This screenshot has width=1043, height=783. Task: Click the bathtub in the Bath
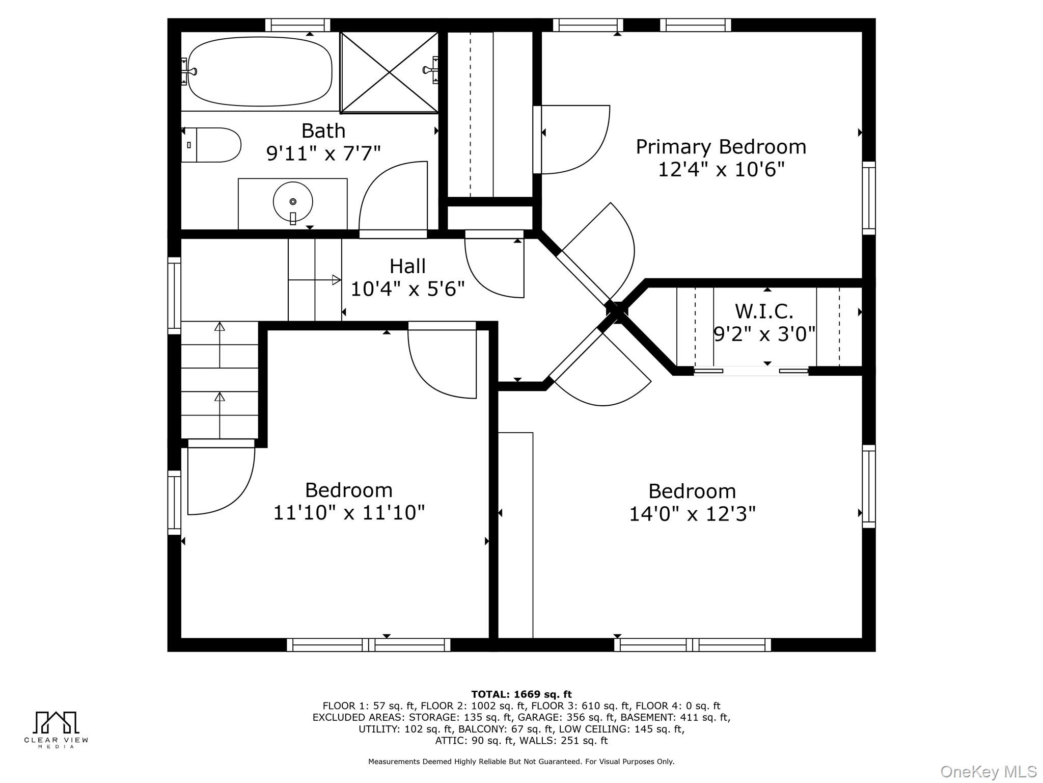pos(260,71)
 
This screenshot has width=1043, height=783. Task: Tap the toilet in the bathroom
pos(211,145)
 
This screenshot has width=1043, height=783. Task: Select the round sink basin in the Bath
pos(293,202)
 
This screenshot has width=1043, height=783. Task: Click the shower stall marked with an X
pos(389,72)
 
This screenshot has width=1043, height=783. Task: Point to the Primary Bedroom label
pos(721,147)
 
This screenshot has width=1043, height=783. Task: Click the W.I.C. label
pos(764,311)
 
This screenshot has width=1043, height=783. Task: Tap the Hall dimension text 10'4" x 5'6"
pos(408,289)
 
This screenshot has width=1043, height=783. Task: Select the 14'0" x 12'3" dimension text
pos(693,514)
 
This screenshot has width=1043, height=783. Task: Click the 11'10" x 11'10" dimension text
pos(349,512)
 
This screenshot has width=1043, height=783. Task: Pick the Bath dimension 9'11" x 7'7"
pos(323,153)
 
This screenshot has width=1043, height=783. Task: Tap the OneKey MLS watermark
pos(989,772)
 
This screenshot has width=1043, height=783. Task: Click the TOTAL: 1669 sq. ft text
pos(521,694)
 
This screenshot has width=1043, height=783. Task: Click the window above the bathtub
pos(298,25)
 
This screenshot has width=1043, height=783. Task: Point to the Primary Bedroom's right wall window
pos(869,198)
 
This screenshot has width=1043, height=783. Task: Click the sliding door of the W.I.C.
pos(751,371)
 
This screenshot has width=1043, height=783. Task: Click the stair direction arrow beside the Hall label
pos(315,279)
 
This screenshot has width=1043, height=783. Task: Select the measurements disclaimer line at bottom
pos(521,762)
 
